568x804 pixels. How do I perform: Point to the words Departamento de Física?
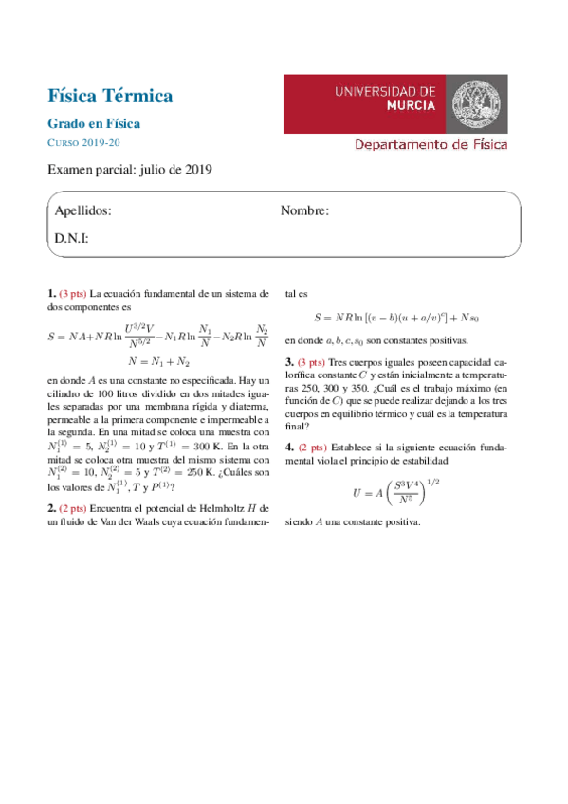431,145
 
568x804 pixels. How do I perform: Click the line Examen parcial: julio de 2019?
131,170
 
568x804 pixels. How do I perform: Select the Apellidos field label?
82,210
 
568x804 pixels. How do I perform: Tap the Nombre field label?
304,210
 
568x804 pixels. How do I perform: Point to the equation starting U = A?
397,492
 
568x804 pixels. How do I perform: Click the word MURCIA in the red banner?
412,106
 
